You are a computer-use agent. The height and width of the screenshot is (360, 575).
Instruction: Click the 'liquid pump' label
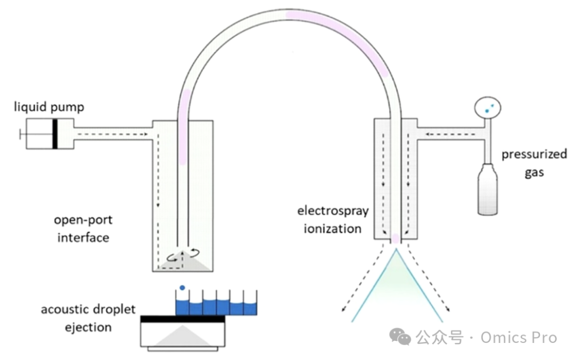pos(49,108)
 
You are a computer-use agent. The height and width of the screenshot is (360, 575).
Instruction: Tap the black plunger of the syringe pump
pos(55,134)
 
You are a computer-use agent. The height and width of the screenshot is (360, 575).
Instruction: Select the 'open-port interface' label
pos(83,228)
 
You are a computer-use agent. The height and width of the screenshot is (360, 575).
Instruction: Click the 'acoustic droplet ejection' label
pos(88,318)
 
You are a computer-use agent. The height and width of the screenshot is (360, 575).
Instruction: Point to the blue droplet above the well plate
pos(183,288)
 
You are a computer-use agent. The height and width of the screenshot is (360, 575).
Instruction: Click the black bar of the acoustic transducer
pos(183,319)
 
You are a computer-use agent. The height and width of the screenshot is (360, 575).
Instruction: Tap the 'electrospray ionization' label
pos(333,219)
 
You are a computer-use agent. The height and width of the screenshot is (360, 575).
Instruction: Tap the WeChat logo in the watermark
pos(400,337)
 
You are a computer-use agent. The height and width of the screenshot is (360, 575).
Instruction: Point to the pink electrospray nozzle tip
pos(396,238)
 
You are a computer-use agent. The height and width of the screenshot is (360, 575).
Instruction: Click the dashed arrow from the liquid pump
pos(112,134)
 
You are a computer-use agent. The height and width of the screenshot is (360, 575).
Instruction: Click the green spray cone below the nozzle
pos(396,277)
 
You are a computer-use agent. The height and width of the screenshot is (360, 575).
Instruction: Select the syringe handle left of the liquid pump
pos(22,134)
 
